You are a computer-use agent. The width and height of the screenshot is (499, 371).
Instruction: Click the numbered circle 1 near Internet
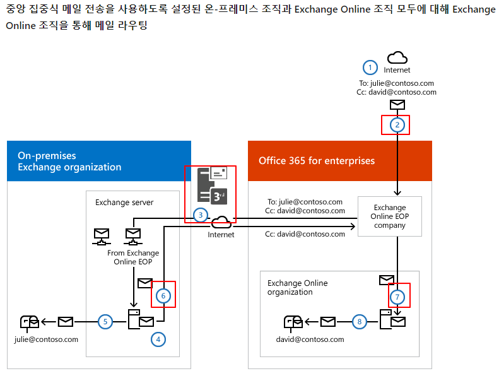tap(370, 67)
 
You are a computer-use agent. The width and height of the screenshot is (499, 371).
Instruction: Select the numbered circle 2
tap(397, 124)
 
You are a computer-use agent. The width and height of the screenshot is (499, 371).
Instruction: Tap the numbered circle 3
tap(200, 215)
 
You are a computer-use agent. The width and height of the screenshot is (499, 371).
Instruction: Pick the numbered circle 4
tap(158, 339)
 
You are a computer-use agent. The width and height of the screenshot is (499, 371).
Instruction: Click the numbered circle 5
tap(106, 322)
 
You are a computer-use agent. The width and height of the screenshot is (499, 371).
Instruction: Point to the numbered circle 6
tap(163, 295)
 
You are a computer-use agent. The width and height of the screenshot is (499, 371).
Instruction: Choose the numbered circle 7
tap(397, 296)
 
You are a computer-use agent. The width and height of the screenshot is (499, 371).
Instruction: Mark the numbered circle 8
tap(359, 322)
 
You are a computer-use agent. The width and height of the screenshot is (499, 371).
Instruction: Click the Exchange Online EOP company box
tap(389, 216)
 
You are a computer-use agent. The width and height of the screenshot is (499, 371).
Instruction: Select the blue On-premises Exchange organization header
tap(98, 161)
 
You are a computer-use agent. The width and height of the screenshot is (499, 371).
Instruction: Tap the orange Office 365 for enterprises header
tap(340, 161)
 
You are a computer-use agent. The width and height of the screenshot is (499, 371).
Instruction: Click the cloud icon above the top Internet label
tap(397, 58)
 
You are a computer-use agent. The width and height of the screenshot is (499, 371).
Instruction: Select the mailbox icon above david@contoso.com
tap(293, 322)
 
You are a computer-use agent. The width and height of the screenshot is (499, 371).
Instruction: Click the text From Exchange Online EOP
tap(133, 257)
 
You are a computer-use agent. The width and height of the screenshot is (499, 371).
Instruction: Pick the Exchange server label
tap(124, 203)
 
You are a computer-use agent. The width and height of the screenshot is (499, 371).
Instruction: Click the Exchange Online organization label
tap(298, 288)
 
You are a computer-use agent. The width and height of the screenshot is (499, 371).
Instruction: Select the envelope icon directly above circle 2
tap(397, 105)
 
